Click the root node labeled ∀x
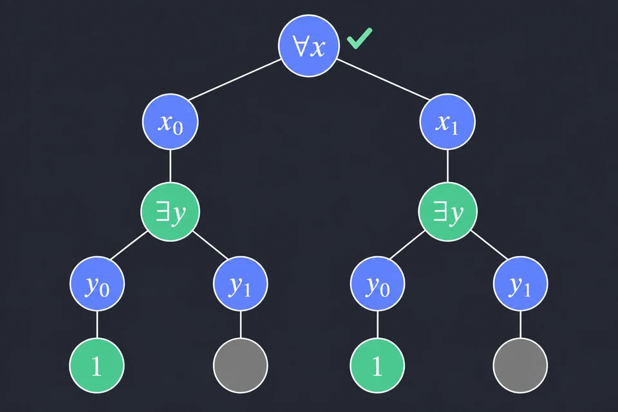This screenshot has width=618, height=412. pos(309,46)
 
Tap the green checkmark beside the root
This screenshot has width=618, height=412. pos(359,38)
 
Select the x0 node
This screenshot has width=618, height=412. pos(170,122)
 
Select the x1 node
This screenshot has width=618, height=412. pos(447,122)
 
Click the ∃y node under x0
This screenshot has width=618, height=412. pos(170,212)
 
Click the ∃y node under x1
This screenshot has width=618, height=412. pos(448,212)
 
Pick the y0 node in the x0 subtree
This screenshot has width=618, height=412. pos(97,284)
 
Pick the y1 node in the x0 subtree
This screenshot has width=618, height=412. pos(240,284)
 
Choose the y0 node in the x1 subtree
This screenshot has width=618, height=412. pos(378,284)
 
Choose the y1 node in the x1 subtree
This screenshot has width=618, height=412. pos(520,284)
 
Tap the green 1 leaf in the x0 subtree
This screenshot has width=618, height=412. pos(97,366)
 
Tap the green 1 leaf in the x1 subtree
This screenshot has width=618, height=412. pos(378,366)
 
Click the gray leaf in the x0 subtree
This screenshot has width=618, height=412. pos(240,366)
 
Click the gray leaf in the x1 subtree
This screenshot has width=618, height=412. pos(520,366)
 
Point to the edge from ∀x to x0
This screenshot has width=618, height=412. pos(234,80)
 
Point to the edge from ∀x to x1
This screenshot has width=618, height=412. pos(384,80)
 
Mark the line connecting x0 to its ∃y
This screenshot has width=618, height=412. pos(170,166)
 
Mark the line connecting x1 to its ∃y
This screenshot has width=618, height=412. pos(448,166)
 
